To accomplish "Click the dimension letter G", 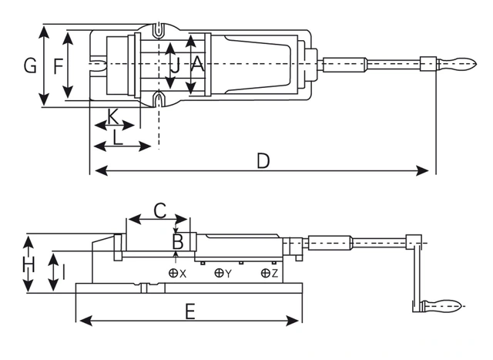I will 30,66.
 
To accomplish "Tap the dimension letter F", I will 58,66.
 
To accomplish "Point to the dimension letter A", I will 197,66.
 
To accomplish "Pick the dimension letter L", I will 118,137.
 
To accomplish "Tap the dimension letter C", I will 159,209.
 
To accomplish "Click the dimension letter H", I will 29,267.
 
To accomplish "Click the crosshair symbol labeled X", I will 173,273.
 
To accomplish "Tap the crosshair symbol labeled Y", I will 219,273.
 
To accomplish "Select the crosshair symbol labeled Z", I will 265,273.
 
